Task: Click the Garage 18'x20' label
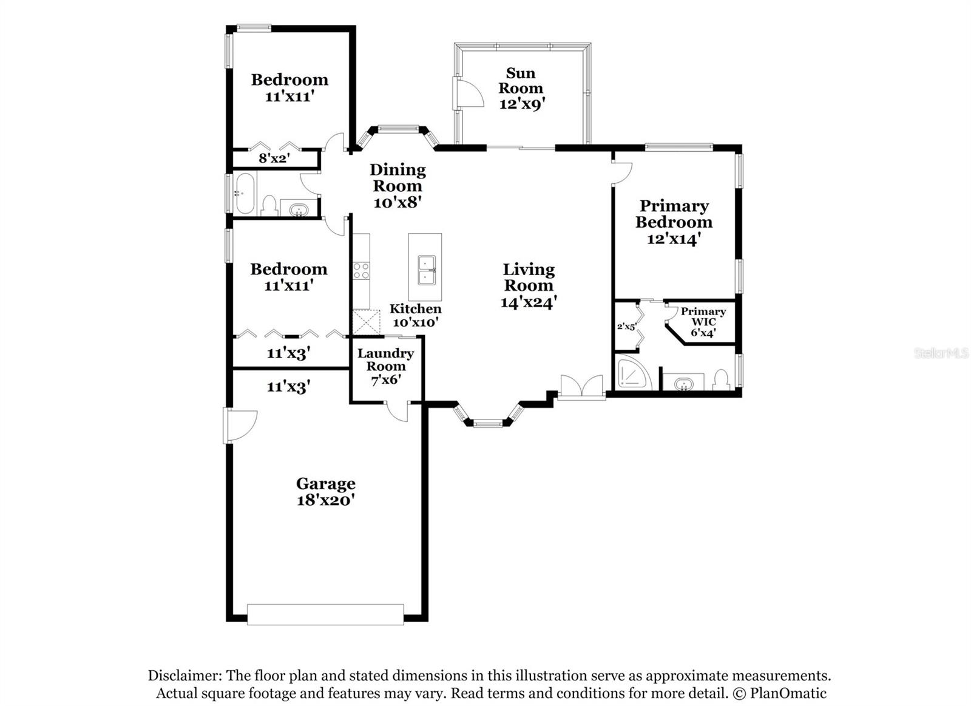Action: point(325,492)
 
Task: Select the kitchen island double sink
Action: point(426,270)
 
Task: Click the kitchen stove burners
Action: point(361,270)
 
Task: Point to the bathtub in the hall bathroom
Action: point(245,193)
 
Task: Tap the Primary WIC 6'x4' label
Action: point(703,322)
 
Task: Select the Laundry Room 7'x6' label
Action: point(385,367)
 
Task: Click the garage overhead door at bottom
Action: point(325,614)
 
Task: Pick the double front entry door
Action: point(581,387)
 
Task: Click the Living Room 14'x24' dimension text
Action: point(529,302)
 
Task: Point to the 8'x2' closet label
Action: point(274,159)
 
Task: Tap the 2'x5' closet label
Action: point(626,326)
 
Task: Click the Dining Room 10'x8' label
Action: point(398,186)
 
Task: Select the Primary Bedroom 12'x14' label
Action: point(674,222)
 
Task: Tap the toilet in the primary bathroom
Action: point(720,380)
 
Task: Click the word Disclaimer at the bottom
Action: point(184,676)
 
